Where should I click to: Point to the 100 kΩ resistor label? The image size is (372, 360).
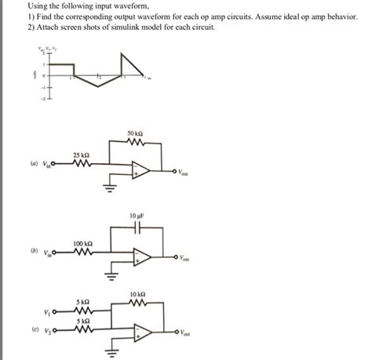(x=82, y=244)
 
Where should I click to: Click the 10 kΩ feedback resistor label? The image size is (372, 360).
(x=138, y=293)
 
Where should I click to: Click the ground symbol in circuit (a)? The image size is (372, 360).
(x=110, y=189)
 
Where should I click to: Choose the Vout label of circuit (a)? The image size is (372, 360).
(x=182, y=173)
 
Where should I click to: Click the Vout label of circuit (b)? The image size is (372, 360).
(x=182, y=258)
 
